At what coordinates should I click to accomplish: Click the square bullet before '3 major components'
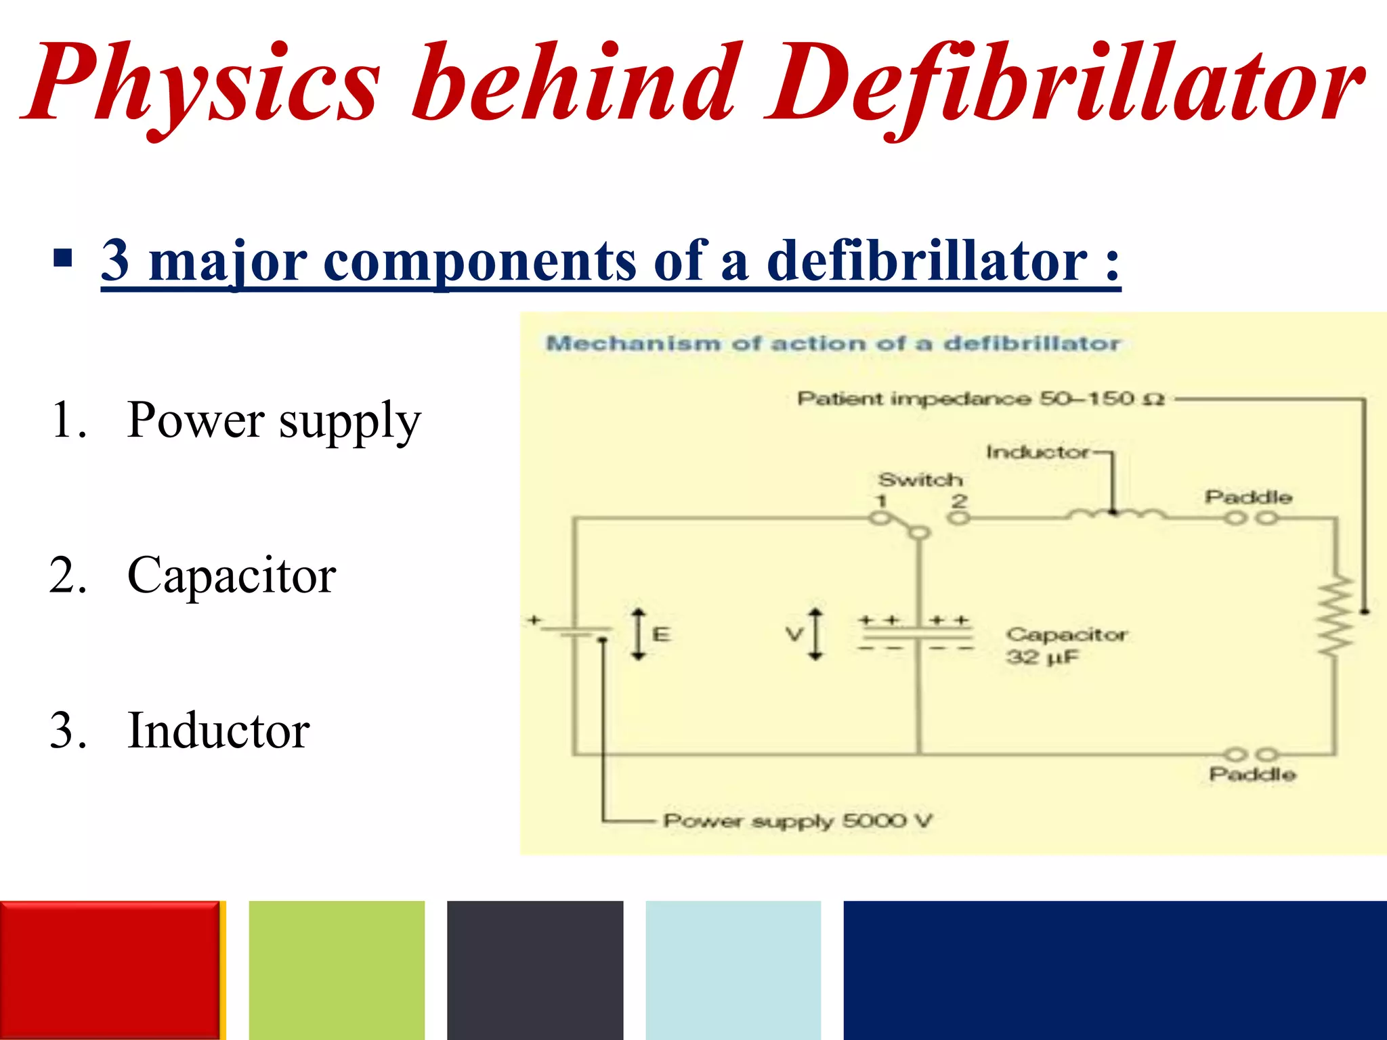click(x=62, y=259)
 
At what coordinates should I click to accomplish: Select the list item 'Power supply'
click(x=274, y=421)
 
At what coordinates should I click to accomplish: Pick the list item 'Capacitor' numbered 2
click(x=231, y=576)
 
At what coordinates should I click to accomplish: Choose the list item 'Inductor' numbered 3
click(x=218, y=731)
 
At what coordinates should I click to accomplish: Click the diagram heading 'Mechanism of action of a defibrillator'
click(x=833, y=343)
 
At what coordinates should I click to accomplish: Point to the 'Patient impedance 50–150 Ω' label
click(x=980, y=399)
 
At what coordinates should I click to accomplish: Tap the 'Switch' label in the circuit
click(x=920, y=480)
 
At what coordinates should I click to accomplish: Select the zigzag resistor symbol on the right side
click(x=1336, y=616)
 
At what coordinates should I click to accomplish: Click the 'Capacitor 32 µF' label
click(x=1065, y=645)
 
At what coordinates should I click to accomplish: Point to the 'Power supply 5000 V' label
click(x=797, y=821)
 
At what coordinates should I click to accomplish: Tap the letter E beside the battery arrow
click(x=661, y=634)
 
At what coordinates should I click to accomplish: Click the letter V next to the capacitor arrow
click(x=794, y=634)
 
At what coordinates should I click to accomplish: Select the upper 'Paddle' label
click(x=1247, y=497)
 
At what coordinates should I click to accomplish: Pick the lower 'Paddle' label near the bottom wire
click(x=1252, y=774)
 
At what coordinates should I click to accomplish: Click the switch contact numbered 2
click(x=958, y=518)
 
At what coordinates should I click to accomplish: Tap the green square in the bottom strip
click(x=337, y=970)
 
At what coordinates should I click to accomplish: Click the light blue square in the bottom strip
click(x=733, y=970)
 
